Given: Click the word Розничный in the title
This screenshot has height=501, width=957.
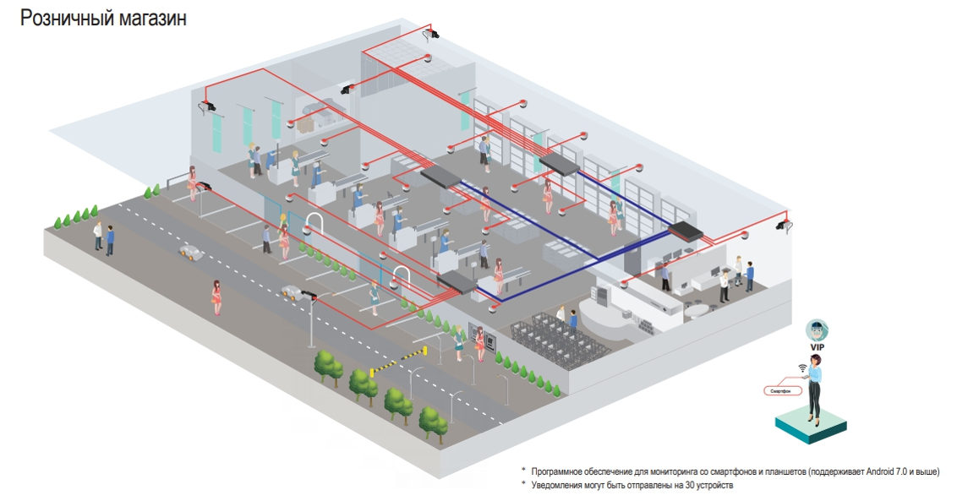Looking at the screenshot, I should (x=64, y=19).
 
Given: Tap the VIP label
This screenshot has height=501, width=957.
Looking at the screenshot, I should (x=816, y=347).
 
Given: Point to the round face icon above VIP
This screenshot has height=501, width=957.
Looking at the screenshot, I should (x=815, y=330).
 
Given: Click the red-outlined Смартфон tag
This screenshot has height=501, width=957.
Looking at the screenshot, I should (x=782, y=391).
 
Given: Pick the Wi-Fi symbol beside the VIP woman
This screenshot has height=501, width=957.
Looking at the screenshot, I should (x=801, y=368).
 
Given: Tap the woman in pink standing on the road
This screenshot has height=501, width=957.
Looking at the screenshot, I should (x=217, y=297).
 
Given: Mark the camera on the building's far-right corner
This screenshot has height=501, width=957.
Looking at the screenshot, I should (x=785, y=225).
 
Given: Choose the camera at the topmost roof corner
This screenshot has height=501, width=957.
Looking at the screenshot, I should (x=431, y=34).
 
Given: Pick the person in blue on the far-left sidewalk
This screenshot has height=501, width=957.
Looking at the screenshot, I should (x=110, y=240).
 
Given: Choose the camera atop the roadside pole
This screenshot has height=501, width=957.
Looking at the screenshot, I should (x=308, y=295).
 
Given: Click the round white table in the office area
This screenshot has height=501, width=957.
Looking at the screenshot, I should (x=697, y=310).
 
